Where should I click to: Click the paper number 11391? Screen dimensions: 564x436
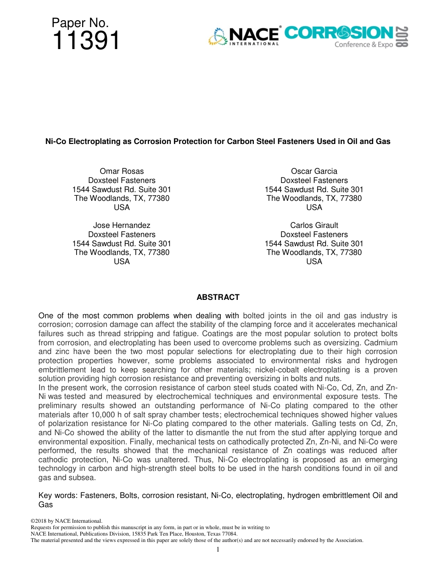tap(86, 41)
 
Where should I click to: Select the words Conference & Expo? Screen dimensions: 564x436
tap(363, 44)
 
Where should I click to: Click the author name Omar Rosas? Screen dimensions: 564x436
tap(122, 171)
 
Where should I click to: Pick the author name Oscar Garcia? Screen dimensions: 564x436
tap(314, 171)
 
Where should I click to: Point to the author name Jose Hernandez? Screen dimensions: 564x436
tap(122, 225)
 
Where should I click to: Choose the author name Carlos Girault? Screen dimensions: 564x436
tap(314, 225)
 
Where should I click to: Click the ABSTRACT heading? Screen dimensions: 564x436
tap(218, 297)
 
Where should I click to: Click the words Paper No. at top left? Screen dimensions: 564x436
tap(80, 23)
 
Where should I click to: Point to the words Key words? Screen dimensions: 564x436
tap(58, 495)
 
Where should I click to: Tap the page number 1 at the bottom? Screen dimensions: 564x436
tap(218, 549)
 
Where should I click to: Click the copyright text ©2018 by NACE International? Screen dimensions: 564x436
tap(66, 521)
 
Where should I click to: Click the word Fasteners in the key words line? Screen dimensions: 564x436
tap(99, 495)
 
